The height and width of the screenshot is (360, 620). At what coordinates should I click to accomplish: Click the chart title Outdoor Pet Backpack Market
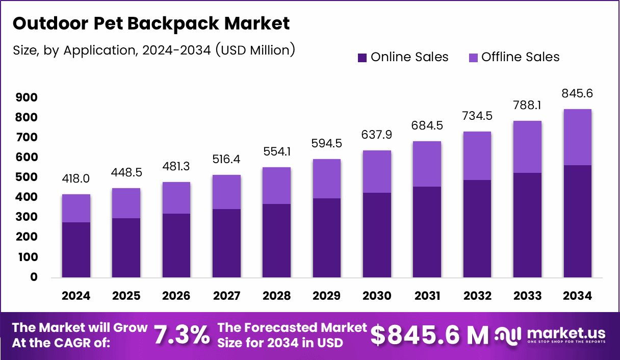tap(150, 23)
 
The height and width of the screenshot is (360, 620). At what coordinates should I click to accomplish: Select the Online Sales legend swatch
tap(362, 58)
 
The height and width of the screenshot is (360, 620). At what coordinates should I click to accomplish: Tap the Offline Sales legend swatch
tap(473, 58)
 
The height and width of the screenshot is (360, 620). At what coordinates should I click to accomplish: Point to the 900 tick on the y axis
tap(27, 97)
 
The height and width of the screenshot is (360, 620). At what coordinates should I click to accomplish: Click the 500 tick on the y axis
tap(27, 177)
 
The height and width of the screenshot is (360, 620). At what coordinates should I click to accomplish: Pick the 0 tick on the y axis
tap(34, 277)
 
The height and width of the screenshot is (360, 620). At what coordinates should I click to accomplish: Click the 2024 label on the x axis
tap(76, 296)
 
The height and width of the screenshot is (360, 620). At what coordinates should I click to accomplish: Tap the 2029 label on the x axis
tap(326, 296)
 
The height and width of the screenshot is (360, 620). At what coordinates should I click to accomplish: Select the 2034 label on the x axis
tap(577, 296)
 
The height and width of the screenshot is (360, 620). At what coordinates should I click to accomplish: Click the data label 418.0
tap(76, 179)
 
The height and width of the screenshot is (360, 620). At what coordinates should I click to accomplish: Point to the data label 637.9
tap(377, 135)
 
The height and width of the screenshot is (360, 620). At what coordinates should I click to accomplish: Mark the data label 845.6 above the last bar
tap(577, 93)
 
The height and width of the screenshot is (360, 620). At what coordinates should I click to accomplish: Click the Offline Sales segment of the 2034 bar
tap(577, 137)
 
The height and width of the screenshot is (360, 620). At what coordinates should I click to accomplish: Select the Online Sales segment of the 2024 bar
tap(76, 250)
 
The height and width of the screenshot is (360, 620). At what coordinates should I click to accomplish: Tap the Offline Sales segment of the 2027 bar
tap(226, 192)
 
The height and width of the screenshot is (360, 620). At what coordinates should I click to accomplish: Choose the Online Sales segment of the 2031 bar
tap(427, 232)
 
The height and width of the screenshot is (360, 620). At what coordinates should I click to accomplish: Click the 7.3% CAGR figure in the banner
tap(182, 335)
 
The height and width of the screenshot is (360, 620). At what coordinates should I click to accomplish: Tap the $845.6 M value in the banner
tap(429, 335)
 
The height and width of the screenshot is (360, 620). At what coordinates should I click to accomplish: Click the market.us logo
tap(551, 335)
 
